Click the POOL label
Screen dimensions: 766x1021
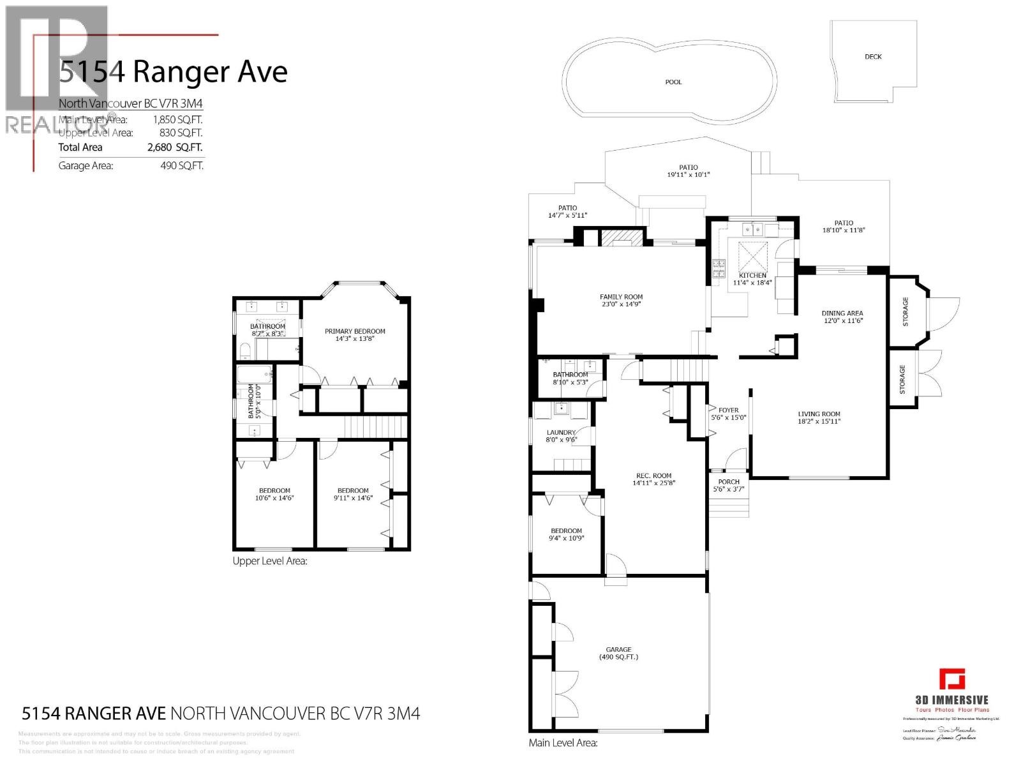pos(673,82)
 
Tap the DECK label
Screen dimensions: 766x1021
pos(873,57)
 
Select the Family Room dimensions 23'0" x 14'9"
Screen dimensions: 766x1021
pos(621,305)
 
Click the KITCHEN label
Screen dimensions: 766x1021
pos(752,275)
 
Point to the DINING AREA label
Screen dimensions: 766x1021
pos(842,313)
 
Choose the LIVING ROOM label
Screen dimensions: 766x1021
pos(819,414)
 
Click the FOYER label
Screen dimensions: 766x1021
pos(728,410)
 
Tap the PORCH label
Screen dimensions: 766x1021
pos(729,482)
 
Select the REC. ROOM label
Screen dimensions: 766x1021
pos(653,475)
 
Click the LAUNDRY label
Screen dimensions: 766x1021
pos(561,432)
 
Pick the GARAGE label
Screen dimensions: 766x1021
pos(618,649)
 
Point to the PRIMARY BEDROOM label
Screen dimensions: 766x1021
pos(355,331)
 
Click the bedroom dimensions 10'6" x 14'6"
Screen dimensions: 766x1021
pos(274,499)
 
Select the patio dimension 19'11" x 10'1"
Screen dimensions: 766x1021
pos(688,175)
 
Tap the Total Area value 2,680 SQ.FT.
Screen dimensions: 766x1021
pos(175,147)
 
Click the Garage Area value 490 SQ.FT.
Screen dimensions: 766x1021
pos(181,166)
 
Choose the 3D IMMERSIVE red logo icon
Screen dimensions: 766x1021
pos(951,679)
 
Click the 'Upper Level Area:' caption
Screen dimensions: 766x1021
pos(270,561)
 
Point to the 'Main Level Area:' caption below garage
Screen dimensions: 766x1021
pos(563,743)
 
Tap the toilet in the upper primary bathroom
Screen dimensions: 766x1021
pos(246,350)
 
